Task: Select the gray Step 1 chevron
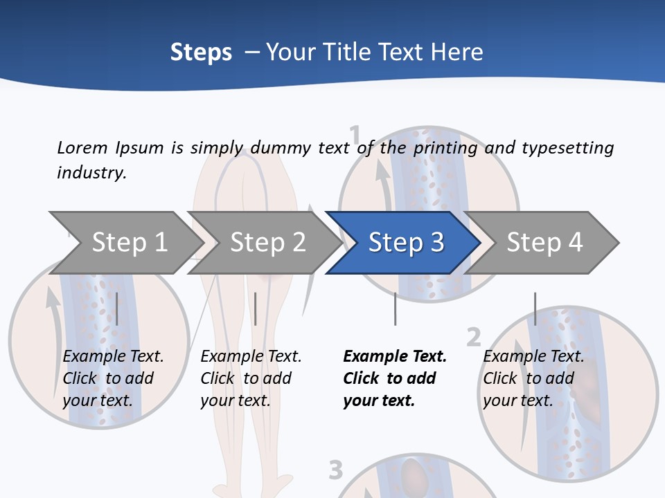[x=128, y=243]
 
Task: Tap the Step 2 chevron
[x=267, y=243]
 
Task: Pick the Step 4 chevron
[x=544, y=243]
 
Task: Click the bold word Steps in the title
[x=201, y=53]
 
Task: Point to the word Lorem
[x=82, y=147]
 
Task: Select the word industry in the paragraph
[x=91, y=173]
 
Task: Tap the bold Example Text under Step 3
[x=395, y=357]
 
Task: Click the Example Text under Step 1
[x=113, y=357]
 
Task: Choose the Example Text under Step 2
[x=251, y=357]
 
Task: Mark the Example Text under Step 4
[x=533, y=357]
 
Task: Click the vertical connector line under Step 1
[x=117, y=308]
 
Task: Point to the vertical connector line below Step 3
[x=395, y=308]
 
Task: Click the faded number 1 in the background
[x=355, y=134]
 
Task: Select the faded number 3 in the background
[x=336, y=470]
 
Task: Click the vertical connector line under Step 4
[x=535, y=308]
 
